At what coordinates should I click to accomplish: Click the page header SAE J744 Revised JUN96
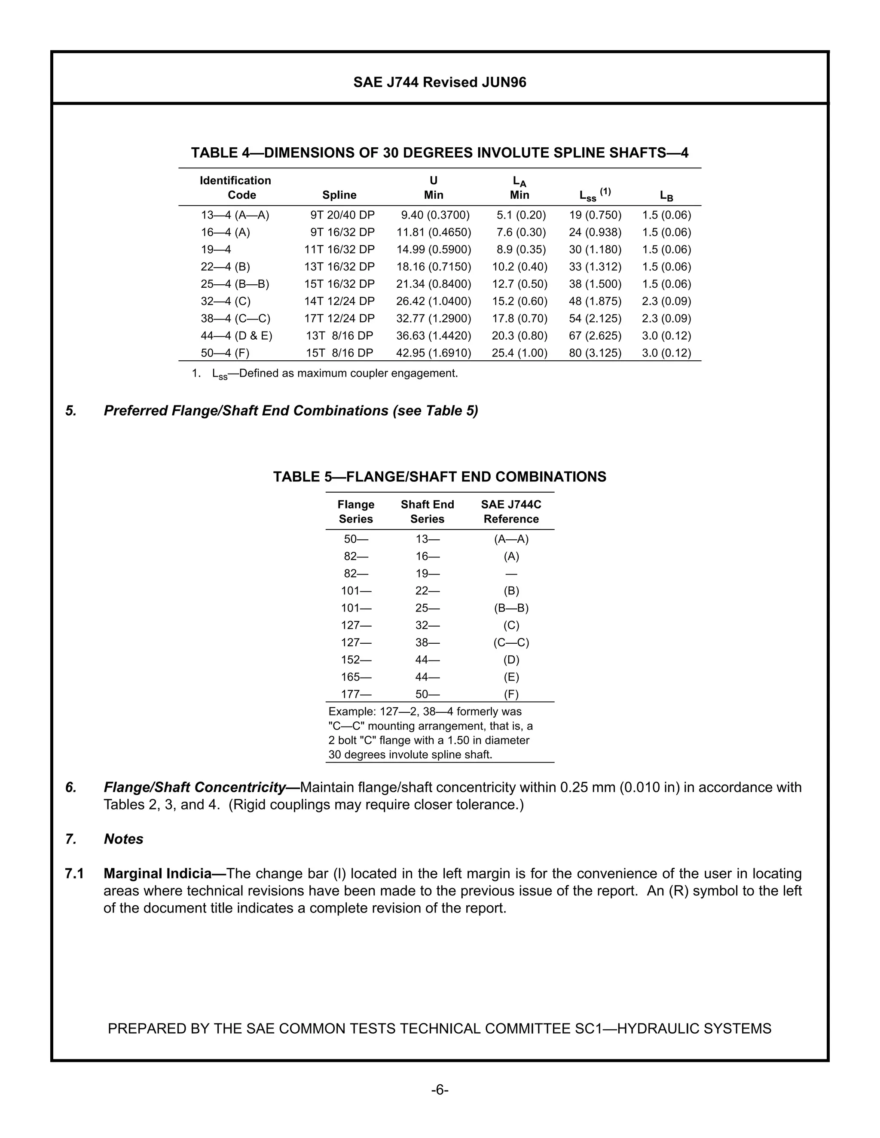coord(440,82)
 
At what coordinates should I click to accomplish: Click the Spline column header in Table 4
coord(339,195)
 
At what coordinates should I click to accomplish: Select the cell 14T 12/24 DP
coord(339,301)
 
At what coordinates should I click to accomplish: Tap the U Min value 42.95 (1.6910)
coord(433,353)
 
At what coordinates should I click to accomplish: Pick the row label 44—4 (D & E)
coord(236,335)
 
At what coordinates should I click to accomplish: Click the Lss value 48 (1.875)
coord(595,301)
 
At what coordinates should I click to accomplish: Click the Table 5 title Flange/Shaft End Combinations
coord(440,477)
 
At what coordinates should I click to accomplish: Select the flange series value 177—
coord(356,694)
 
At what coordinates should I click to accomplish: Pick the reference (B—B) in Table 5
coord(511,608)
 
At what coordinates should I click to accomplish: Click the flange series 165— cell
coord(356,677)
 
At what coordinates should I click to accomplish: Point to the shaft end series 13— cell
coord(428,539)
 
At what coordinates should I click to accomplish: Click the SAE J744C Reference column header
coord(511,512)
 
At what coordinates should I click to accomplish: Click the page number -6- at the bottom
coord(440,1090)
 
